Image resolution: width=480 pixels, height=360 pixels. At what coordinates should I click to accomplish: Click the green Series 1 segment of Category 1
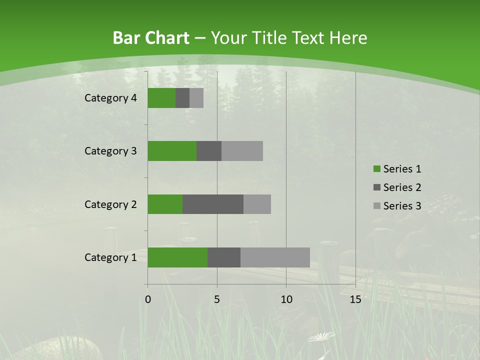(x=177, y=257)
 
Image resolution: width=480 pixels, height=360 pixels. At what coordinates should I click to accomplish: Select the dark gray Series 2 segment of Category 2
(x=213, y=204)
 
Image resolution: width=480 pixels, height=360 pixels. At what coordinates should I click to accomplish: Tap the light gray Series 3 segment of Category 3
(x=242, y=151)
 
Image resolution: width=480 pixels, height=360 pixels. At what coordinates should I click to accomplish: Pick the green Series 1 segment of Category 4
(x=161, y=98)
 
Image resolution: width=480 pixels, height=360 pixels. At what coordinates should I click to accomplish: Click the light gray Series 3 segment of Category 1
(x=275, y=257)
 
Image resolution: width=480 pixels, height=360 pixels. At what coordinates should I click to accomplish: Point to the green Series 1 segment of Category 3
(x=172, y=151)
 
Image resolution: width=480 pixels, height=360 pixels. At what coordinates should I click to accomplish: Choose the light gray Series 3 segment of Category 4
(x=196, y=98)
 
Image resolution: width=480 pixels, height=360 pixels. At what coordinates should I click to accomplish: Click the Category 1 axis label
(x=110, y=257)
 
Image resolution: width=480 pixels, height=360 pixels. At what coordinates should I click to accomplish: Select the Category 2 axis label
(x=110, y=204)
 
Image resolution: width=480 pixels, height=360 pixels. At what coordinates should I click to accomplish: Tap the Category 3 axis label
(x=110, y=151)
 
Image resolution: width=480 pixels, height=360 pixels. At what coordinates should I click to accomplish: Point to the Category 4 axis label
(x=110, y=98)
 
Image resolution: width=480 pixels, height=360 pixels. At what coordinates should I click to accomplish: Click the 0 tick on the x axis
(x=148, y=299)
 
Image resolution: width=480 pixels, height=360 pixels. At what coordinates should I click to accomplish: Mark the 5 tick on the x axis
(x=217, y=299)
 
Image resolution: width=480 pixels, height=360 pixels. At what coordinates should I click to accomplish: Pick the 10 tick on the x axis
(x=286, y=299)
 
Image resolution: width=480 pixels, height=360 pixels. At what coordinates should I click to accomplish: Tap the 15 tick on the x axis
(x=355, y=299)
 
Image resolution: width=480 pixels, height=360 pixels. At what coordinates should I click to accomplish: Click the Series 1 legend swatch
(x=376, y=169)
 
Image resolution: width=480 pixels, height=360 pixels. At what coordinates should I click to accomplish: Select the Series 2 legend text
(x=402, y=187)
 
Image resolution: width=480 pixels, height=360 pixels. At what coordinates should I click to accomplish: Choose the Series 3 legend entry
(x=397, y=206)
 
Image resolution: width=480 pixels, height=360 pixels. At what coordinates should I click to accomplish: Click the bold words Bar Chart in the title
(x=151, y=38)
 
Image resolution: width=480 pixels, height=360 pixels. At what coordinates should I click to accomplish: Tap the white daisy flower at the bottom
(x=321, y=336)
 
